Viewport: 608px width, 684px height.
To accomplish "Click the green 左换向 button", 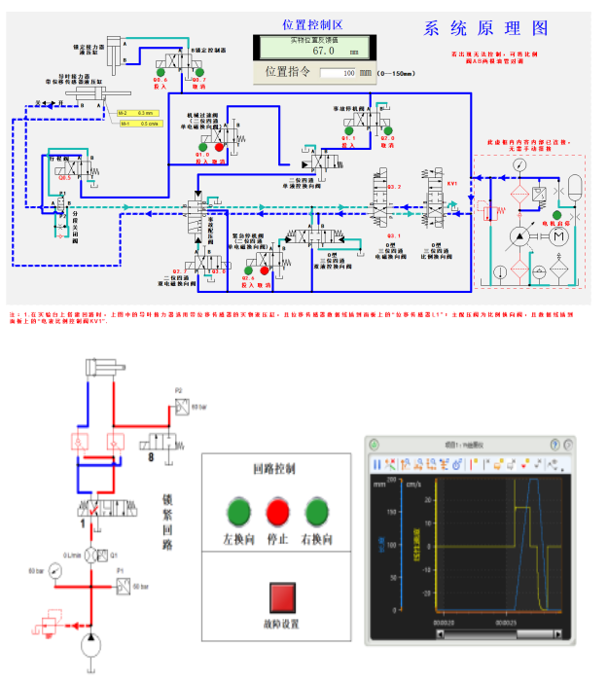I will [x=238, y=510].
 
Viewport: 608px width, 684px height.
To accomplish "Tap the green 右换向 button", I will [x=316, y=510].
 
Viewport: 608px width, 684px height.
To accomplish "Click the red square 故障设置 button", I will [x=281, y=595].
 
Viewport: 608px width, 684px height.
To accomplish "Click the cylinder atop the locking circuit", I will [x=103, y=368].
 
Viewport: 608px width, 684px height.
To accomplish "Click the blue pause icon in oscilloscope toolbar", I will [x=376, y=465].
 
